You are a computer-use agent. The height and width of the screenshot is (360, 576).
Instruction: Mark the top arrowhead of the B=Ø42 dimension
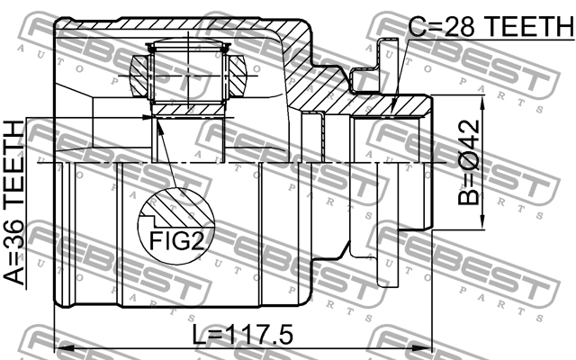487,101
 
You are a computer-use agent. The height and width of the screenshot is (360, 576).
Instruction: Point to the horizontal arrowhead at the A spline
144,114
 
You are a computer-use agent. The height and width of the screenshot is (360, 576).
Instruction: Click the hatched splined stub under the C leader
396,106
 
